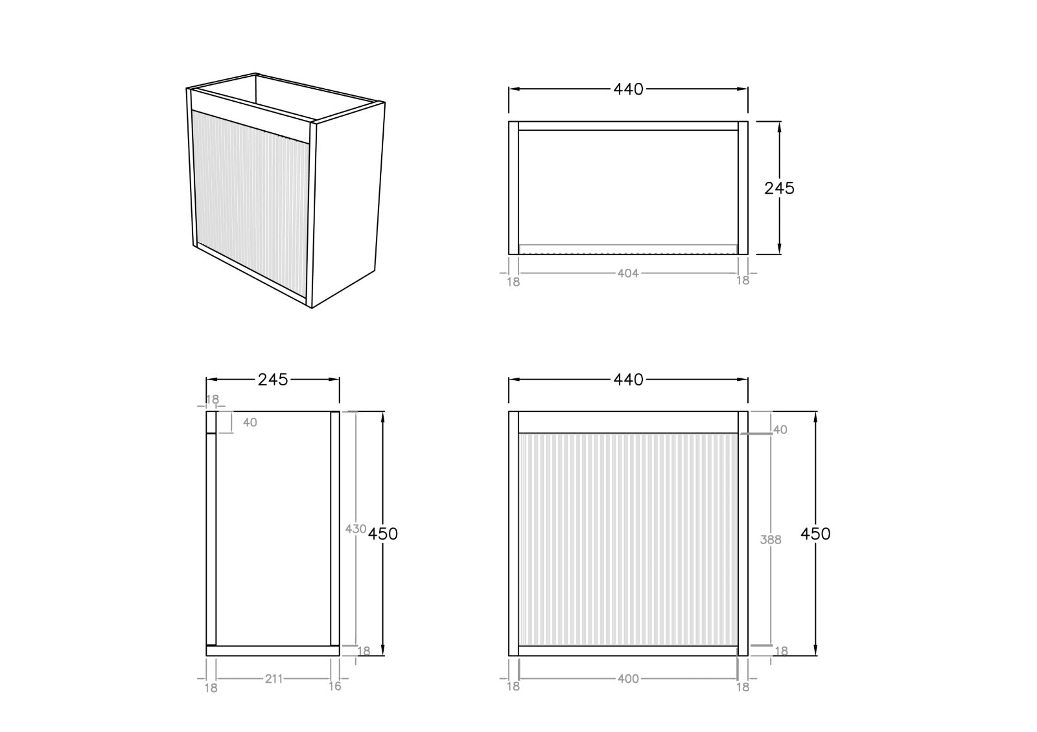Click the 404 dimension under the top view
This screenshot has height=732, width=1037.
628,273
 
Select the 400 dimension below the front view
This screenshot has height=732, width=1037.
628,679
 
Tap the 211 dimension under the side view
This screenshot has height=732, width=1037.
274,679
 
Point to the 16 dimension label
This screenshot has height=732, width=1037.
334,686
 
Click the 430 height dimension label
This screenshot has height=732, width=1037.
356,529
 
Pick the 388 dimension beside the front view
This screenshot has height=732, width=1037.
771,540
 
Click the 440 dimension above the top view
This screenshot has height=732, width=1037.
628,89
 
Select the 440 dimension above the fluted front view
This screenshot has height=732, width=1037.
628,380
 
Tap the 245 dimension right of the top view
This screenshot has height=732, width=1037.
779,189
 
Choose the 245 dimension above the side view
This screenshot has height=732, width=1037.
273,380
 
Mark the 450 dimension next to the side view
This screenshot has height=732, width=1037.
383,534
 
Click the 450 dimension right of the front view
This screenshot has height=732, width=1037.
815,534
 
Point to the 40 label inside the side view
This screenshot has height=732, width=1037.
250,422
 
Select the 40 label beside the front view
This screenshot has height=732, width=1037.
780,430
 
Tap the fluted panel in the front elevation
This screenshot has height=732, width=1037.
628,539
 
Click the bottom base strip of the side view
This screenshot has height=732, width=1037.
273,650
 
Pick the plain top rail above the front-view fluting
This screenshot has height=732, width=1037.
628,422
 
